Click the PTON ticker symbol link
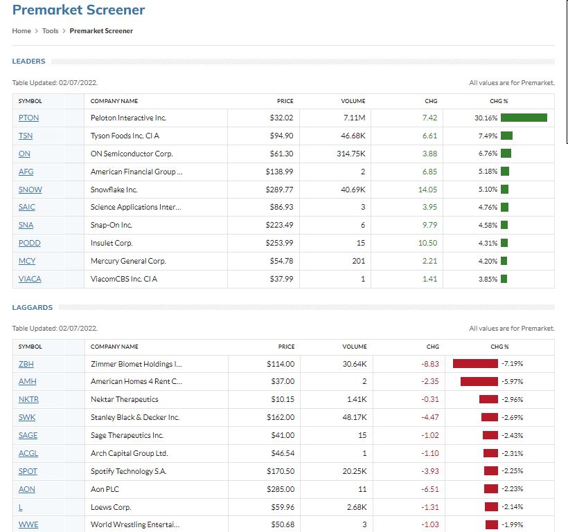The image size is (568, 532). (28, 118)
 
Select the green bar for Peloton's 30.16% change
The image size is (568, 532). (524, 118)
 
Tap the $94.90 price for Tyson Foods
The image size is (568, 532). (281, 136)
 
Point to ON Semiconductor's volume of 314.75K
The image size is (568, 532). (349, 154)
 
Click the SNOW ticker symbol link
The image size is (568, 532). (30, 190)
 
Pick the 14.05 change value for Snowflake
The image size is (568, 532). (428, 190)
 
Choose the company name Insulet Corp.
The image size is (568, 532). (112, 243)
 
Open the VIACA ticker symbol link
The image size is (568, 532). (30, 279)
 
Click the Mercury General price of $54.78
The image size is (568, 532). (281, 261)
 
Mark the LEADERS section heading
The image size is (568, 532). (28, 62)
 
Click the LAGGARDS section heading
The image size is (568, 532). (32, 307)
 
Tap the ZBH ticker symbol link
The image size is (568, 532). (26, 363)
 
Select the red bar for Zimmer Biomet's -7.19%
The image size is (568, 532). (475, 363)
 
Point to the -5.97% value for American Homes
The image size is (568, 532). (512, 381)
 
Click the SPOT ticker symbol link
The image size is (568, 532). (28, 471)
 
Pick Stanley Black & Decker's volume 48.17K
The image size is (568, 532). (354, 417)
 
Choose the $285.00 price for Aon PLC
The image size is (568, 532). (281, 489)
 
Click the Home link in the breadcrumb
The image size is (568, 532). (21, 30)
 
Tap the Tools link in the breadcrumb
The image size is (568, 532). (50, 30)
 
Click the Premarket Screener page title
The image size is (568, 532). (79, 10)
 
